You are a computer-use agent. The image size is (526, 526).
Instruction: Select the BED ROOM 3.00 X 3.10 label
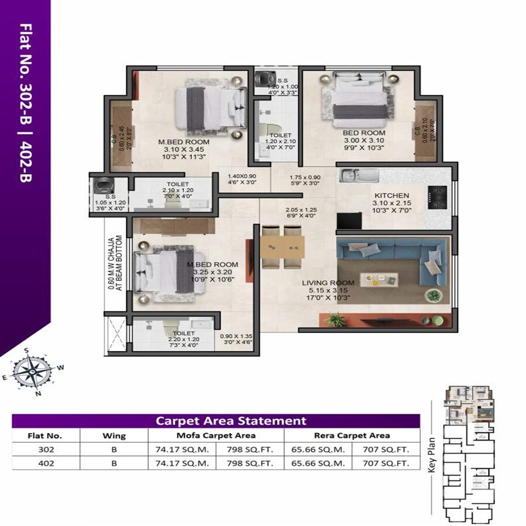(x=364, y=133)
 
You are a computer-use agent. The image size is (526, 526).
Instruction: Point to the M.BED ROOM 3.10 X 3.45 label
(x=184, y=142)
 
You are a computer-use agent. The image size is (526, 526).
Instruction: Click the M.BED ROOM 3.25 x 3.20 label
(x=212, y=265)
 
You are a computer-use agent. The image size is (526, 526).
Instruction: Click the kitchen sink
(x=356, y=175)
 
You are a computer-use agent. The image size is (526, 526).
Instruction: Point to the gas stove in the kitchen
(x=438, y=197)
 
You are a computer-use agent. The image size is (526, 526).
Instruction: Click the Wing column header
(x=113, y=435)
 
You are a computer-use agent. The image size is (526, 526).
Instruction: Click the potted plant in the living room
(x=335, y=319)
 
